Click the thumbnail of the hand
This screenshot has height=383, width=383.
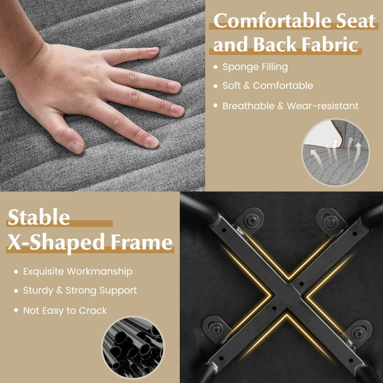76,146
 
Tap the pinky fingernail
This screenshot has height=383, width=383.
154,50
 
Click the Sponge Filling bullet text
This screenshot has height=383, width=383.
255,67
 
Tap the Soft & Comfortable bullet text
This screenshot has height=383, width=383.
268,86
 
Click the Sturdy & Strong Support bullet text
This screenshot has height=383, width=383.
80,291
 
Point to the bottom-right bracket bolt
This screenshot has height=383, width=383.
358,333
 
